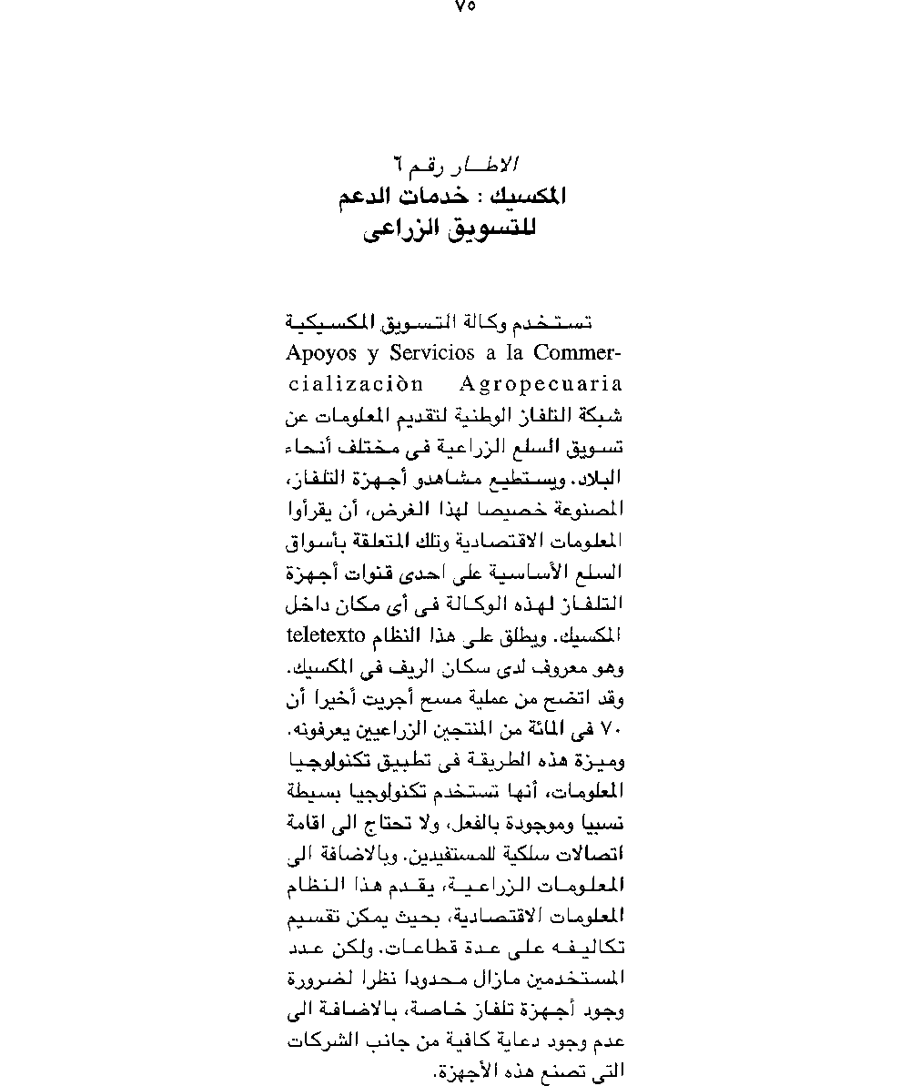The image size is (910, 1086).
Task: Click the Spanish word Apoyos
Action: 319,352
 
